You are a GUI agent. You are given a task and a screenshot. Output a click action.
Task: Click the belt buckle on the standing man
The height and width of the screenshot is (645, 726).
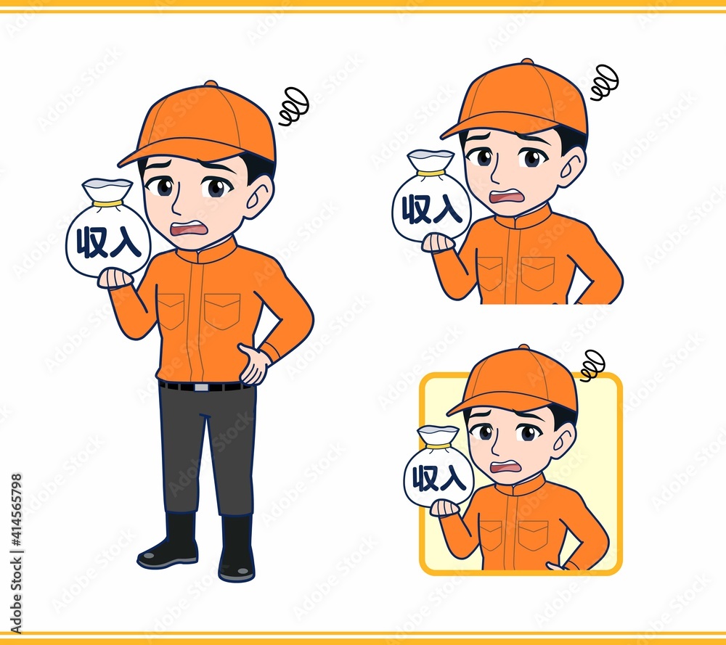(201, 387)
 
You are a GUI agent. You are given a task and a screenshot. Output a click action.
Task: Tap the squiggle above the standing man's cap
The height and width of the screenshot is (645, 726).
(294, 107)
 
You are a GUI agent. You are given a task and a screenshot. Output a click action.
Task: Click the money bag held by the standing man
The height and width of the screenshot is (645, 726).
(108, 229)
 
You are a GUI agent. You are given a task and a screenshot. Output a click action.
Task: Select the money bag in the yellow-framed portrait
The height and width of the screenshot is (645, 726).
(439, 465)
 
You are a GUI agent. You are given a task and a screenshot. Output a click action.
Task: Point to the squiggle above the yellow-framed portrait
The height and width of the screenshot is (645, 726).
(592, 366)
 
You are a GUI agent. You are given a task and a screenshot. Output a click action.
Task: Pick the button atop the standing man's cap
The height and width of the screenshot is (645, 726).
(211, 83)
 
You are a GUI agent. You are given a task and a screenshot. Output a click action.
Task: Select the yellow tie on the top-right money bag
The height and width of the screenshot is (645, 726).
(431, 173)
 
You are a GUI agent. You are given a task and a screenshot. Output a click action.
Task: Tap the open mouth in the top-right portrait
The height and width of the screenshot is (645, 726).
(508, 197)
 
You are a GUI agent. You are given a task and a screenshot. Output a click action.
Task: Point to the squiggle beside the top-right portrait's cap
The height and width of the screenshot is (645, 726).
(605, 83)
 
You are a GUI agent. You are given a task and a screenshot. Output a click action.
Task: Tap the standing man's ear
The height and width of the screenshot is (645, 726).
(261, 194)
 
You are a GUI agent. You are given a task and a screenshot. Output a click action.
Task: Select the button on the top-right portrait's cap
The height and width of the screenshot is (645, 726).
(527, 62)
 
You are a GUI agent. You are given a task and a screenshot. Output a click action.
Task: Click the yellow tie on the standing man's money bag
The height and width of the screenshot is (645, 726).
(107, 204)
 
